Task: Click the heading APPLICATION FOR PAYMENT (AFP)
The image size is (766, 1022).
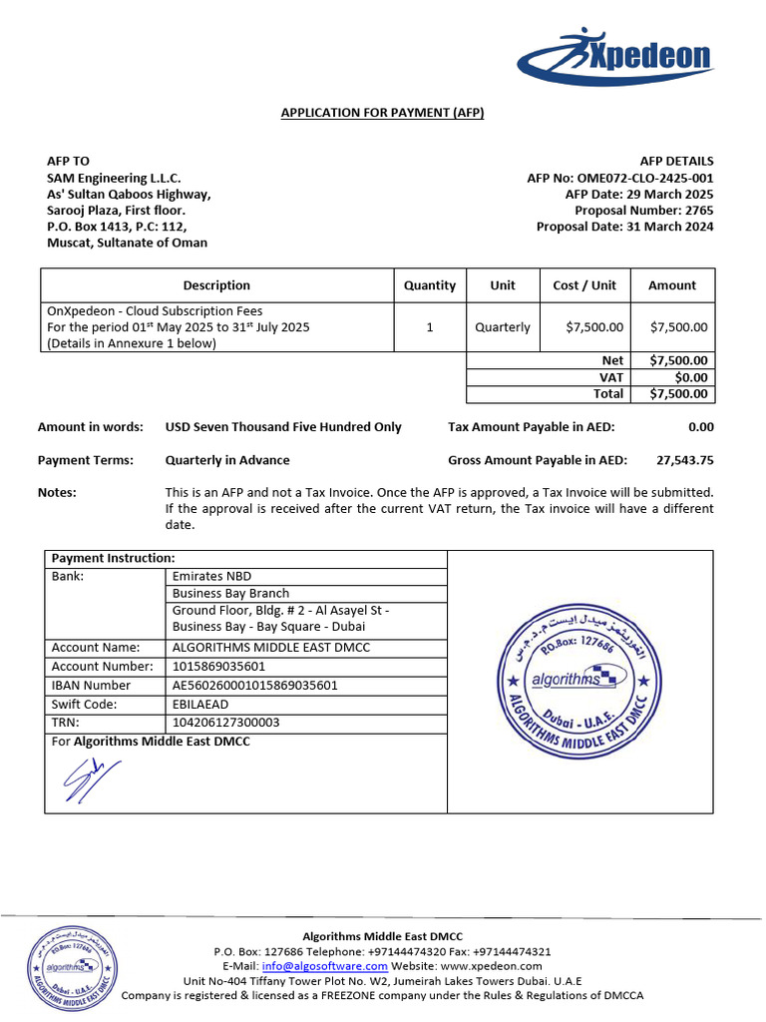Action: (x=382, y=113)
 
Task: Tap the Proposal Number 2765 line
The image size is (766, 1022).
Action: (x=643, y=211)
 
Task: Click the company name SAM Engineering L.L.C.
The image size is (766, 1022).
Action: (x=114, y=178)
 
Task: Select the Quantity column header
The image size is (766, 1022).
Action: (x=429, y=285)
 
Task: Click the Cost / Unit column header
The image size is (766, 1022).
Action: (x=584, y=285)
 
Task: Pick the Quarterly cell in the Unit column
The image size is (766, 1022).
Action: (x=503, y=327)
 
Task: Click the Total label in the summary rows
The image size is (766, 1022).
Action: (x=607, y=393)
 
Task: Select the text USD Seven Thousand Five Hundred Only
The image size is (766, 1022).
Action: (x=283, y=427)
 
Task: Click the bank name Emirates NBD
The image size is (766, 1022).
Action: (x=211, y=577)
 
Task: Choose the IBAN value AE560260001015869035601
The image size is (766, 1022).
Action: (x=255, y=686)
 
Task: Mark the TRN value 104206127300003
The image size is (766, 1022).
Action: (x=226, y=723)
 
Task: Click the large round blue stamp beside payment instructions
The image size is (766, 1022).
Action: (x=578, y=680)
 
